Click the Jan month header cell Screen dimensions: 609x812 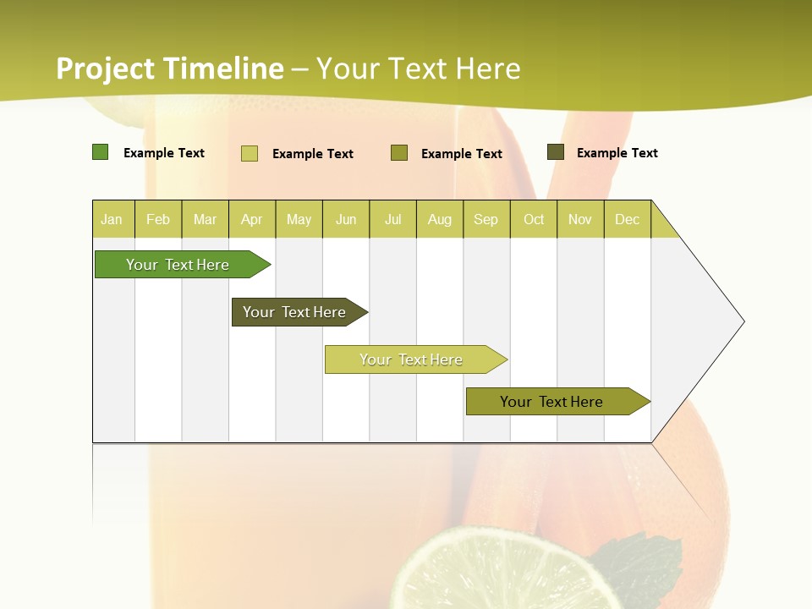click(112, 219)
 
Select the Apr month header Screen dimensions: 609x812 click(252, 219)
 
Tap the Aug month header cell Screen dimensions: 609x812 click(440, 219)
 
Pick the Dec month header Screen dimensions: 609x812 click(628, 219)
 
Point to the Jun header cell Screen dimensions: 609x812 click(346, 219)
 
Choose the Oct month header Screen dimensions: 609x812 click(534, 219)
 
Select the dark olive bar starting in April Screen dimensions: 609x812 click(296, 312)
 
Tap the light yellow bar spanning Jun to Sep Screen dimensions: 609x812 click(413, 359)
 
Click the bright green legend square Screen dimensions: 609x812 click(100, 152)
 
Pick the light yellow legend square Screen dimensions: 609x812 click(250, 153)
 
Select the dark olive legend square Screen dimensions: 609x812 click(555, 152)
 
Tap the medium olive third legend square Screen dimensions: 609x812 click(399, 153)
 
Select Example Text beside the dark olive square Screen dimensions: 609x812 click(617, 153)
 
